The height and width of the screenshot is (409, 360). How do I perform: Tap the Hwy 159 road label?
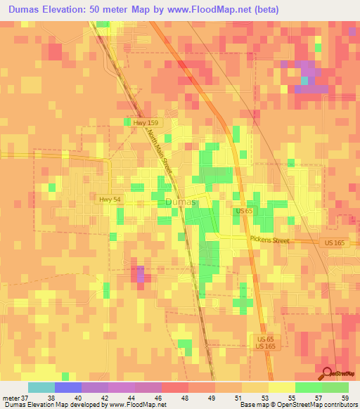[x=151, y=122]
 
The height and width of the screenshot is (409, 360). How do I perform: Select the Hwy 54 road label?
[x=109, y=200]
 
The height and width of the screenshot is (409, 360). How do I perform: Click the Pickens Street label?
[x=269, y=240]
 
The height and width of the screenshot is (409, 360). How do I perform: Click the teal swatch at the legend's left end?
[x=41, y=387]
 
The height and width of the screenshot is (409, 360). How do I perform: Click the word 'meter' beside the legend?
[x=9, y=397]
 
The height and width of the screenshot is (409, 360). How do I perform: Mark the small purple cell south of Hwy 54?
[x=141, y=273]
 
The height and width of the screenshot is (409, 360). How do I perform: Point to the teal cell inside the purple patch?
[x=304, y=80]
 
